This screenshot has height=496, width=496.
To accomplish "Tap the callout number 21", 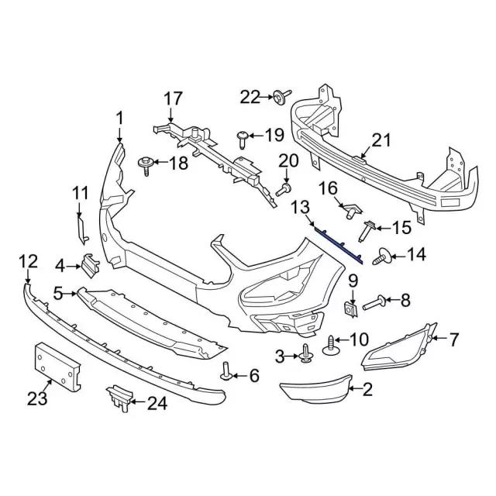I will click(x=381, y=140).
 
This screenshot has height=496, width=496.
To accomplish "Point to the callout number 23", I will click(x=38, y=399).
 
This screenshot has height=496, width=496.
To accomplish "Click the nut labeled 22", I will click(x=277, y=97).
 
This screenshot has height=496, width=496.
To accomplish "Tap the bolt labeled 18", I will click(x=144, y=163).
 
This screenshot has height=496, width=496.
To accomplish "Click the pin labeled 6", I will click(x=226, y=372).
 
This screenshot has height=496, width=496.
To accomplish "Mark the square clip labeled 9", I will click(x=350, y=310).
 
